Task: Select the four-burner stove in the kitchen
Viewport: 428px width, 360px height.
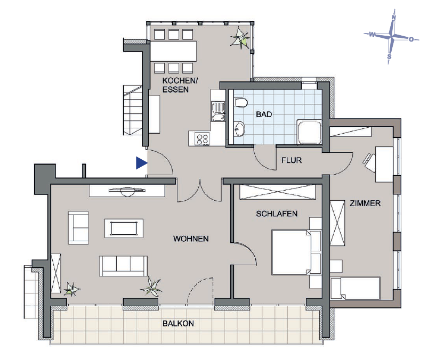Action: pos(203,140)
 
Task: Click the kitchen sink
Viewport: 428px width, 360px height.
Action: pos(218,108)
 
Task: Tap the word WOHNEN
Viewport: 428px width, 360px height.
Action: pos(191,239)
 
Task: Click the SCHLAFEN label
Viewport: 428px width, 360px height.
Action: pos(277,214)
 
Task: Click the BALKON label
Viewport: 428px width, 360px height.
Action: pos(179,323)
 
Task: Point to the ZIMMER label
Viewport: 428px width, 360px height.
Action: pos(365,203)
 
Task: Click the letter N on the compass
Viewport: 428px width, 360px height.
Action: pos(394,17)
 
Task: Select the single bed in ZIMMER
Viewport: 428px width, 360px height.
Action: pos(356,288)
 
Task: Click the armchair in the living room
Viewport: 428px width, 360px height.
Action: pos(78,227)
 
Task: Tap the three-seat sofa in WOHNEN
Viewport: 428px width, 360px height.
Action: pos(124,265)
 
